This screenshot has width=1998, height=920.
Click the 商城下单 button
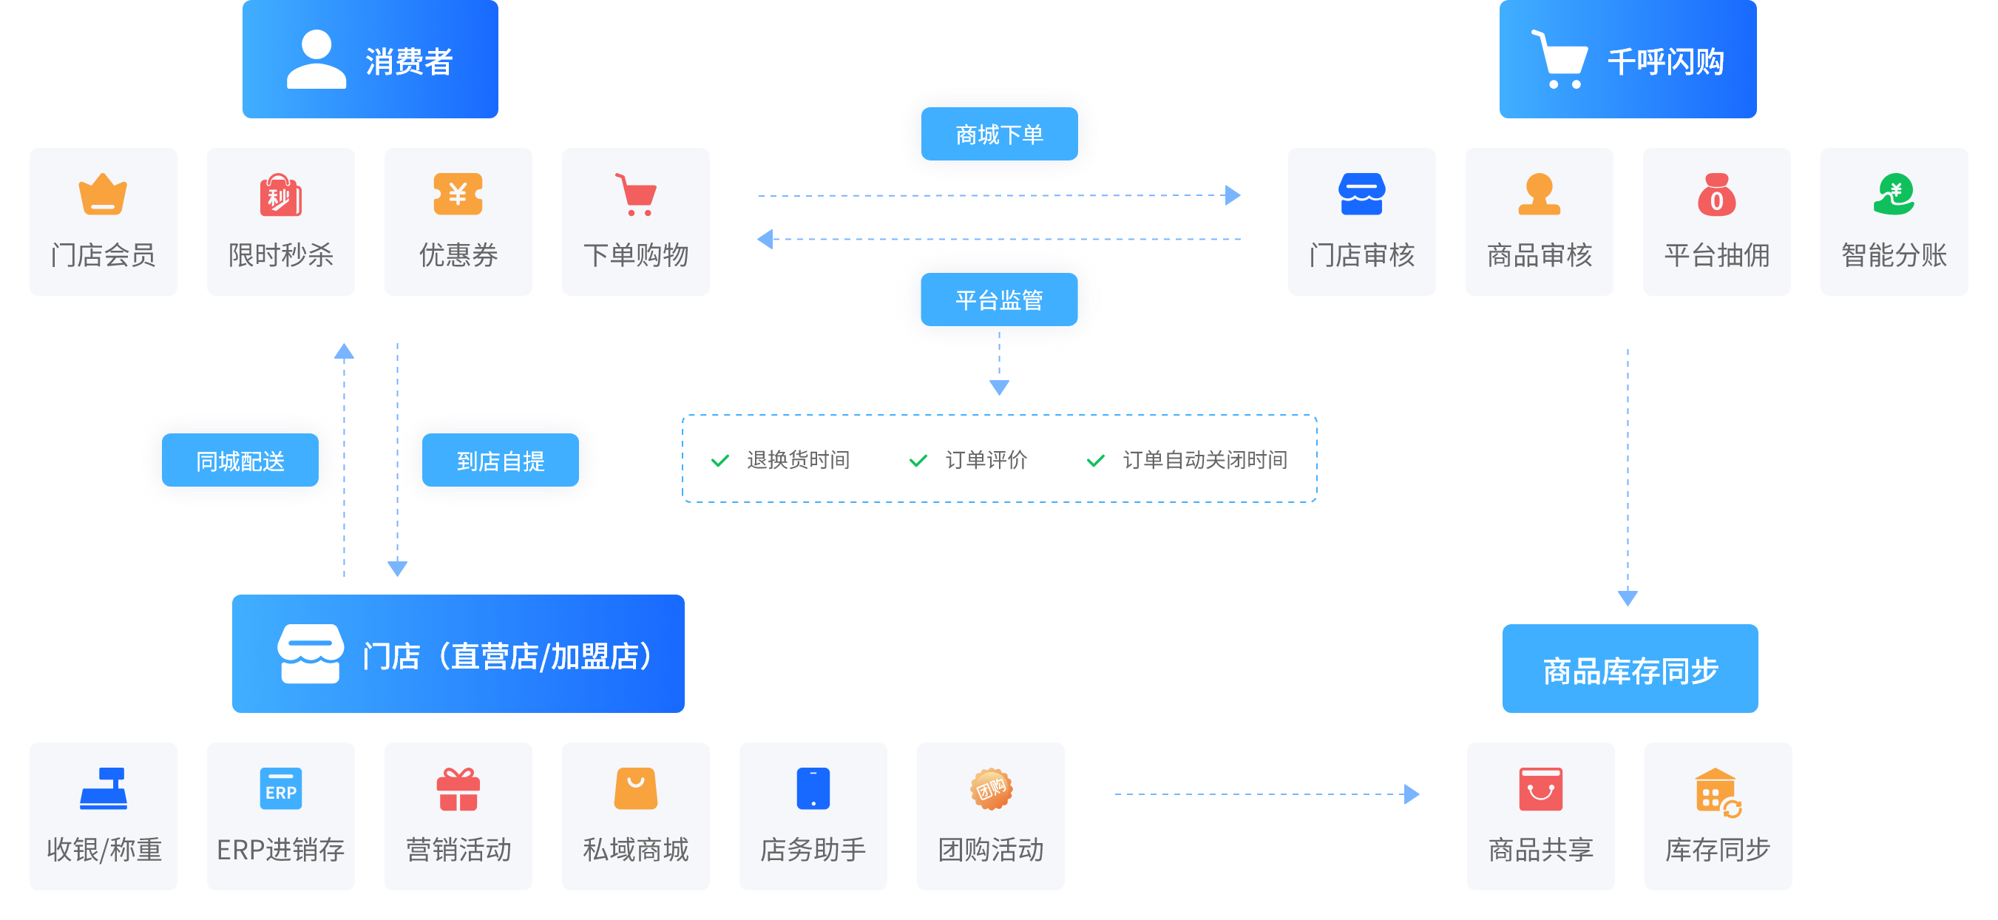[x=999, y=134]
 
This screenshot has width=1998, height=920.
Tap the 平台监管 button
[x=999, y=300]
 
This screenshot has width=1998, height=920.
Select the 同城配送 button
[x=240, y=461]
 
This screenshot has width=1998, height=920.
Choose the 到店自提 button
[x=501, y=461]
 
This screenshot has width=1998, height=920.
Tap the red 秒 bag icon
[x=280, y=195]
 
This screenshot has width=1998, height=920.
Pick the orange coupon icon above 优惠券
[x=458, y=194]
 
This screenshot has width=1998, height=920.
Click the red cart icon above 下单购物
[x=636, y=194]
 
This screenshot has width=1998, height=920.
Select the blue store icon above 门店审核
[x=1361, y=194]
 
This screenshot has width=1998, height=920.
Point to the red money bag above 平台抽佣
[x=1716, y=194]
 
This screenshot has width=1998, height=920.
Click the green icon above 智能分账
[x=1894, y=194]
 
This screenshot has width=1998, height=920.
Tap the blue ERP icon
[x=280, y=789]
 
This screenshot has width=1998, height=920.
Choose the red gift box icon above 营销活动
[x=458, y=789]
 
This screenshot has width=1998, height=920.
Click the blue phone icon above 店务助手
[x=813, y=789]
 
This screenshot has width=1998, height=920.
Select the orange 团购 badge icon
[x=990, y=789]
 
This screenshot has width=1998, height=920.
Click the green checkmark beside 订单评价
[x=918, y=461]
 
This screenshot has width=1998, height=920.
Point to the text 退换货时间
[x=798, y=460]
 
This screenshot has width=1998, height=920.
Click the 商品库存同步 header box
[x=1630, y=669]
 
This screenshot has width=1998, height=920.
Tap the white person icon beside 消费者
[x=316, y=60]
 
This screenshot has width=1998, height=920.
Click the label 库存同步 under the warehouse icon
[x=1717, y=850]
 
